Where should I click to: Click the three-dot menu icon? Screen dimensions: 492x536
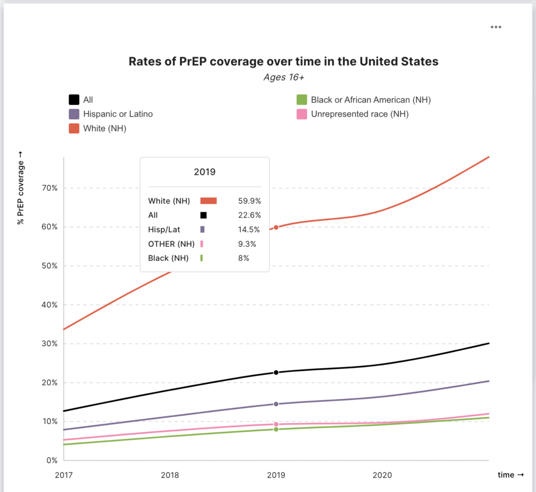tap(496, 27)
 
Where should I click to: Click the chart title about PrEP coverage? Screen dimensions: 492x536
tap(283, 61)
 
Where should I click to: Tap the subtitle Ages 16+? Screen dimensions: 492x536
tap(283, 77)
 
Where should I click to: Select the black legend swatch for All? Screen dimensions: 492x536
tap(74, 99)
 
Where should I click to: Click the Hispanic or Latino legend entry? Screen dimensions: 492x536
tap(118, 113)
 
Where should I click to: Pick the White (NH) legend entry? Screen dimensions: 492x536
tap(104, 128)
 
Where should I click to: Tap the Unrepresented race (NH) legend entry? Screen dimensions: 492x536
tap(359, 113)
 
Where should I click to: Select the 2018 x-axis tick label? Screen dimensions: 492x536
tap(170, 475)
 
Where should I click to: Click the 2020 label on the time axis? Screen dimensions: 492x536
tap(382, 475)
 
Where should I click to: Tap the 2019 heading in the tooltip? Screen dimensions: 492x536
tap(205, 171)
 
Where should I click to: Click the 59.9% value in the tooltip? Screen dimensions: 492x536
tap(249, 201)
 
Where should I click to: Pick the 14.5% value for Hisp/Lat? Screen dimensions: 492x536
tap(249, 230)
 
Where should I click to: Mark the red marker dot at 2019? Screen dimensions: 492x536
tap(276, 227)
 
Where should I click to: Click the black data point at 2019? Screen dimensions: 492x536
tap(276, 372)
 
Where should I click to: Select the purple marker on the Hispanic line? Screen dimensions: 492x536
tap(276, 404)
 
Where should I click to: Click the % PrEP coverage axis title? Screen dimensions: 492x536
tap(21, 188)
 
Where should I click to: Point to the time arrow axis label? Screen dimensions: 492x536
tap(510, 475)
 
